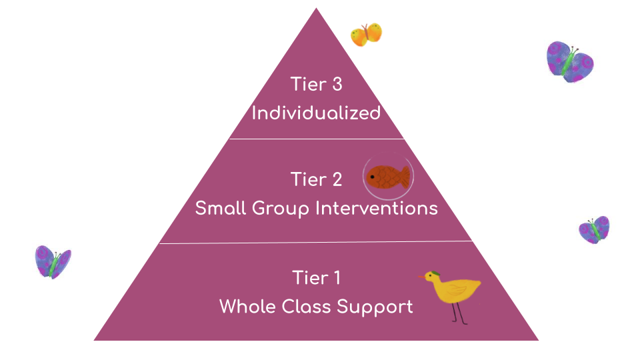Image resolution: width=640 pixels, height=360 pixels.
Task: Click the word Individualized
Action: tap(316, 113)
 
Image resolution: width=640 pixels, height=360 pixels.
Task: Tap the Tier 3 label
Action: tap(316, 85)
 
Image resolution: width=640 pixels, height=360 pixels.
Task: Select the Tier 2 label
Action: tap(316, 179)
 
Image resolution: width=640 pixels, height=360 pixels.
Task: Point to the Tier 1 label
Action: tap(316, 277)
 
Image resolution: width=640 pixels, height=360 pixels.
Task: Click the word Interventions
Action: tap(376, 208)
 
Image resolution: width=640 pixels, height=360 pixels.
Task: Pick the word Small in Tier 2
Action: tap(221, 208)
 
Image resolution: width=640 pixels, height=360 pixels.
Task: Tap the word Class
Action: tap(310, 307)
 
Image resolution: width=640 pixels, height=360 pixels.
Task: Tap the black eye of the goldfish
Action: tap(372, 177)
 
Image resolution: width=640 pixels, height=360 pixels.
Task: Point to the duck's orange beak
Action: tap(422, 276)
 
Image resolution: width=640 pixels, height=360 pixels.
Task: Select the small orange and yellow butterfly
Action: tap(366, 35)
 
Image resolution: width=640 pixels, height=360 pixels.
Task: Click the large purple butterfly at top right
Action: tap(569, 61)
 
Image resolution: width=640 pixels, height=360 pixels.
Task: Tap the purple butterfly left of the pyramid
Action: tap(53, 261)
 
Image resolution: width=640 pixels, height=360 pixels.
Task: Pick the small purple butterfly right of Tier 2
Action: tap(593, 230)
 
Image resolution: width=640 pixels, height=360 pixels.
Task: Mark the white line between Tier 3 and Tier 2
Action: tap(316, 139)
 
